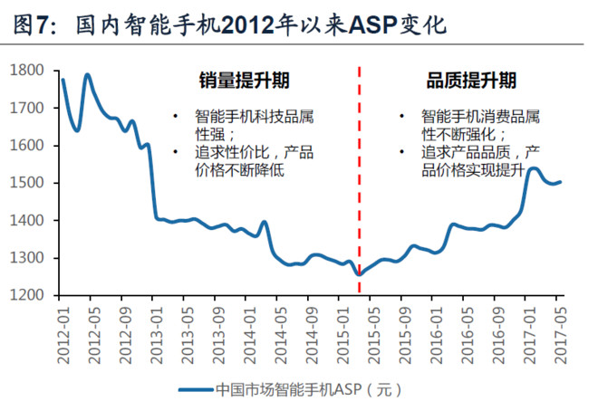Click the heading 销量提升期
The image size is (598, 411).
[x=244, y=81]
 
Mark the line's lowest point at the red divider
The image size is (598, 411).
[x=359, y=274]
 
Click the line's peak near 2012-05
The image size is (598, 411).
[x=88, y=75]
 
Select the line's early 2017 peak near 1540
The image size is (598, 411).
[x=533, y=168]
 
